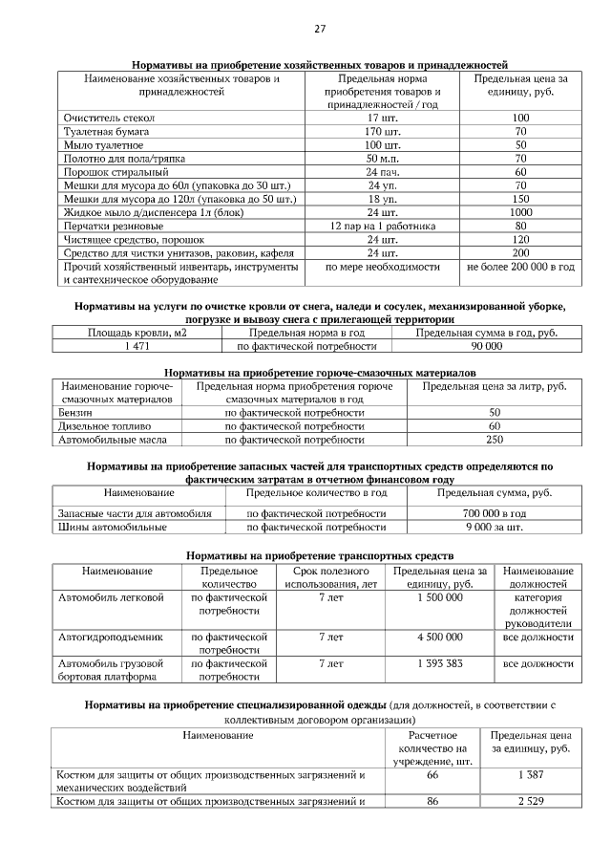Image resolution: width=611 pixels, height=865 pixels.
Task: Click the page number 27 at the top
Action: pos(320,30)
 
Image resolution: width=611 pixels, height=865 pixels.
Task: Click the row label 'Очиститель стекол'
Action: pos(106,117)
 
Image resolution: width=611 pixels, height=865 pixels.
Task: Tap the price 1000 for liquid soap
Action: pos(520,212)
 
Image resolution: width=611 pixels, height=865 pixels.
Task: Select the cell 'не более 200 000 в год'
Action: pos(520,267)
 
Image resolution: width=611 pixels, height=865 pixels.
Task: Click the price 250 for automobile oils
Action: pos(494,440)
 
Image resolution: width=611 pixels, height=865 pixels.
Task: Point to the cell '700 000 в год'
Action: pos(494,513)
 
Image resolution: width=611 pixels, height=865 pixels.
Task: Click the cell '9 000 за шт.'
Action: pos(494,527)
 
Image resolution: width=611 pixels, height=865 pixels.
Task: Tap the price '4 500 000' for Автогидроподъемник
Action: pos(440,635)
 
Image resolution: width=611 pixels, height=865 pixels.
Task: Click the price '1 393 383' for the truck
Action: pos(440,661)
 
